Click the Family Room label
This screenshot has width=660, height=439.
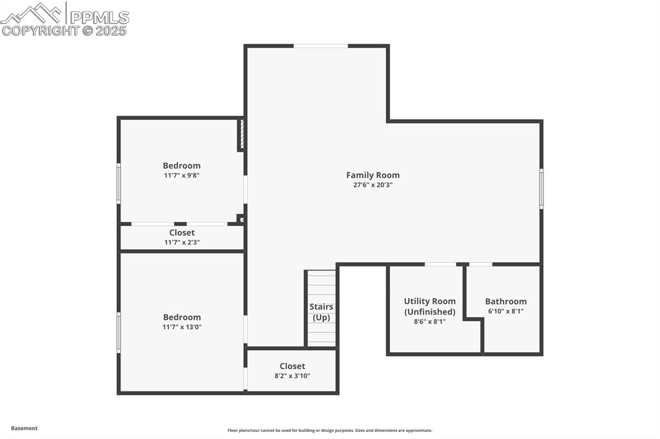tap(373, 175)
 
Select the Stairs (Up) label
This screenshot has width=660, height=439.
tap(321, 312)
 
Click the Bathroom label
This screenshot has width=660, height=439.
tap(505, 301)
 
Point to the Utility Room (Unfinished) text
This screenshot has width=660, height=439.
tap(429, 306)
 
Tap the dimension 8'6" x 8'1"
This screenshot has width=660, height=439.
tap(429, 321)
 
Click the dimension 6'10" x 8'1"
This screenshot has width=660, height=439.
tap(505, 311)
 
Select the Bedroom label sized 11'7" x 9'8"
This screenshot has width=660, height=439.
tap(181, 165)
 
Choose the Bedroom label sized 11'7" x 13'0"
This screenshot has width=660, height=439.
tap(181, 317)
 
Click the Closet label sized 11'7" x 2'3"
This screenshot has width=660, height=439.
tap(182, 232)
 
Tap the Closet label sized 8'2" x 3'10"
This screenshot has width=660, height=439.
tap(292, 366)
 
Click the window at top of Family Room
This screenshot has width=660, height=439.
tap(320, 46)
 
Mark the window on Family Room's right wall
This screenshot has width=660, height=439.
tap(541, 189)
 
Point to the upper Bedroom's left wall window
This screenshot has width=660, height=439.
tap(119, 183)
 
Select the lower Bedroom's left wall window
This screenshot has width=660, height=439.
tap(119, 332)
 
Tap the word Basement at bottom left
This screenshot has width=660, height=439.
tap(24, 428)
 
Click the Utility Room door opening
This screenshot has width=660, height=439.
tap(440, 264)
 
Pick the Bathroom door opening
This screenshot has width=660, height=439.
tap(480, 264)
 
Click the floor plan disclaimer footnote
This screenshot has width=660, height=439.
tap(329, 431)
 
